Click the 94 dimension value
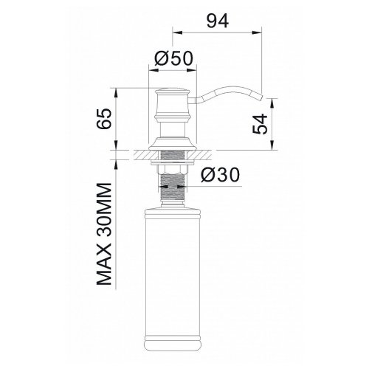pos(218,21)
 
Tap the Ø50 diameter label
pos(174,58)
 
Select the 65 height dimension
pos(104,119)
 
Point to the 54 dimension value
pos(260,124)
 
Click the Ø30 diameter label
pos(220,175)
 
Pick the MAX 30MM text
pos(104,234)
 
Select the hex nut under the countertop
pos(173,170)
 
